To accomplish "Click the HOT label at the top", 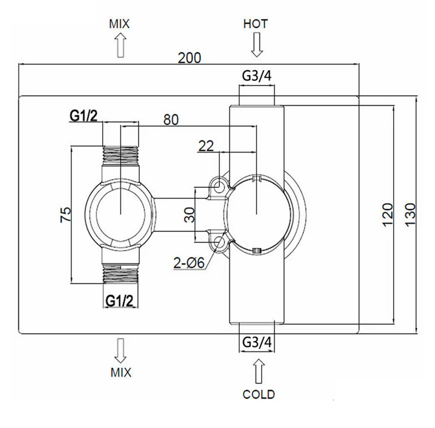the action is pos(255,24).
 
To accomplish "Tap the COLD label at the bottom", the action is pos(259,394).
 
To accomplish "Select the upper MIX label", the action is pos(119,24).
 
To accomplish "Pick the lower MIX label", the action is pos(121,372).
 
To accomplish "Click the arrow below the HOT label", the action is pos(257,45).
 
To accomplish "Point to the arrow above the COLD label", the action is pos(259,371).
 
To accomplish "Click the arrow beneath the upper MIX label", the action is pos(120,45).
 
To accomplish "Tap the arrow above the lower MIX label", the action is pos(120,351).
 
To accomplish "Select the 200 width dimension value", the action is pos(189,58).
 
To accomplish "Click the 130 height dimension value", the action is pos(411,215).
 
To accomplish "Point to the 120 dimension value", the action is pos(388,215).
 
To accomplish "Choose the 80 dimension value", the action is pos(171,119).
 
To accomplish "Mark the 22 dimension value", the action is pos(206,146).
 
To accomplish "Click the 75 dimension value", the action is pos(66,215).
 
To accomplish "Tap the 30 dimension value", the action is pos(190,215).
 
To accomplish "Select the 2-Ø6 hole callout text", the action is pos(189,262).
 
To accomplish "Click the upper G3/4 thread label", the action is pos(257,75).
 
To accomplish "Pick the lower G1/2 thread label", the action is pos(120,300).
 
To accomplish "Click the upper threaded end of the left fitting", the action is pos(120,155).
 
